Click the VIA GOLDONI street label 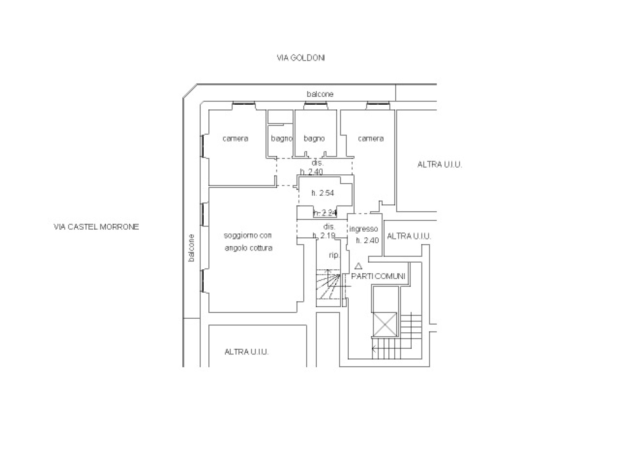[x=301, y=58]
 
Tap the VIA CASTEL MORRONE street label [x=96, y=227]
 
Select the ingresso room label [x=363, y=229]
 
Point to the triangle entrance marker [x=358, y=266]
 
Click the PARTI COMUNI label [x=378, y=276]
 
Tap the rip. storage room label [x=334, y=255]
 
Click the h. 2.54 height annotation [x=323, y=193]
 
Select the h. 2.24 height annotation [x=325, y=213]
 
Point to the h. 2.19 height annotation [x=324, y=235]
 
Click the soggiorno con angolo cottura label [x=248, y=242]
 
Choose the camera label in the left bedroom [x=235, y=139]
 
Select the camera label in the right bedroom [x=370, y=139]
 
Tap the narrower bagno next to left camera [x=281, y=139]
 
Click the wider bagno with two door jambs [x=314, y=139]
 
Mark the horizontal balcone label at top [x=320, y=94]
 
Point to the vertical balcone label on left [x=192, y=248]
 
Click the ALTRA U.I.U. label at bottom [x=246, y=352]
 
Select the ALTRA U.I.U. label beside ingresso [x=409, y=236]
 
